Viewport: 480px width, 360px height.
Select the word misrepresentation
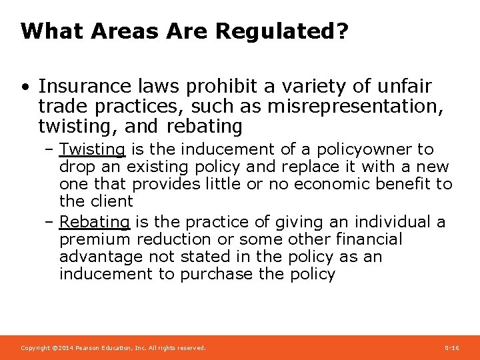click(351, 106)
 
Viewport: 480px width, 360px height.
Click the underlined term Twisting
click(92, 149)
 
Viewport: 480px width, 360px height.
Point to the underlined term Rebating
click(95, 222)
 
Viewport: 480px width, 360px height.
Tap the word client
click(109, 201)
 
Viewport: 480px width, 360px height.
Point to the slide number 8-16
click(451, 348)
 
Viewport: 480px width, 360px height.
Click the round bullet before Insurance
click(24, 87)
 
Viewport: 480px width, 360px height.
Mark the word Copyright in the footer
click(33, 348)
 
